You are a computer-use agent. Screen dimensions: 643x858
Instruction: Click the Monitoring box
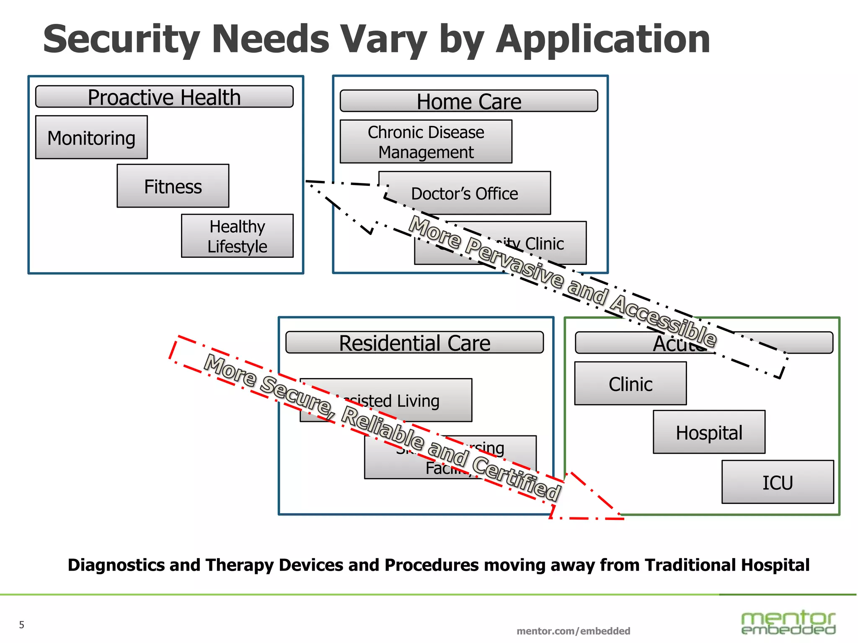coord(91,137)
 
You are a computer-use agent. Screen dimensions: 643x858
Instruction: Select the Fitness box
coord(173,186)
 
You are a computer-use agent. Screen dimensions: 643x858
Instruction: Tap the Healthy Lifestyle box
coord(237,236)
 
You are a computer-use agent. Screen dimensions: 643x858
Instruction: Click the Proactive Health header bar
coord(164,97)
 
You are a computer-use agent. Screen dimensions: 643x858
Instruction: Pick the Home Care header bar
coord(469,101)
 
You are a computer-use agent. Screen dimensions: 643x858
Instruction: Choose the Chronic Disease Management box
coord(426,141)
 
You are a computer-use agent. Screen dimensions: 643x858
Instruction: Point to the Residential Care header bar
coord(414,343)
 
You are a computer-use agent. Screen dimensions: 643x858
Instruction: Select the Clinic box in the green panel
coord(630,383)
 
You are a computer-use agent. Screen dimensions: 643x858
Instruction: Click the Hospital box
coord(709,432)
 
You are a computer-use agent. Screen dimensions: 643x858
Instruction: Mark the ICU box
coord(778,482)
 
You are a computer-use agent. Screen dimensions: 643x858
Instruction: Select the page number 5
coord(22,625)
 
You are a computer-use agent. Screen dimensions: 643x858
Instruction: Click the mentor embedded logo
coord(788,622)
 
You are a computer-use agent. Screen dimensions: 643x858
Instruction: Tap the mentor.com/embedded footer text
coord(573,631)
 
